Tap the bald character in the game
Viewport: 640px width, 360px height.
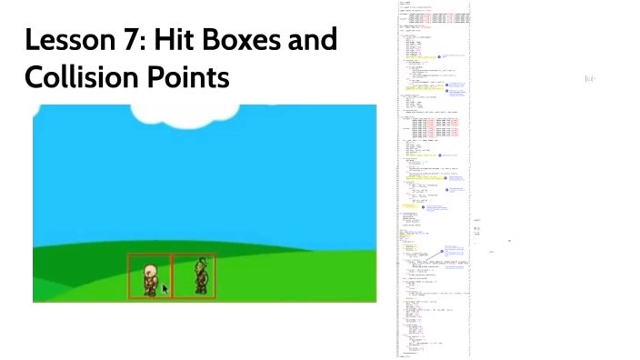tap(149, 277)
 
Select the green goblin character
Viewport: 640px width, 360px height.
tap(200, 276)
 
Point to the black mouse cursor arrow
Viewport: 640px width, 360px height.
tap(165, 289)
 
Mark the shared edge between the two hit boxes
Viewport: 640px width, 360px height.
tap(171, 276)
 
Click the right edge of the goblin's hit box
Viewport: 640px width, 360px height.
tap(215, 276)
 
